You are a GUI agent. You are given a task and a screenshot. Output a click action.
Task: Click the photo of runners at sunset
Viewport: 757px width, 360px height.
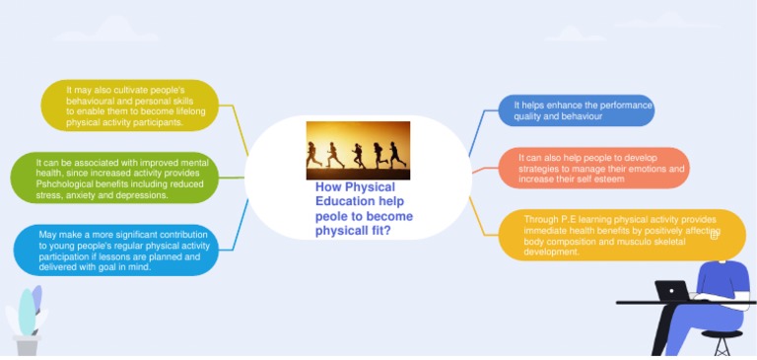[358, 150]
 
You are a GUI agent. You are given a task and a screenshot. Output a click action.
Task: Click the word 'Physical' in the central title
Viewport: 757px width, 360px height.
[371, 187]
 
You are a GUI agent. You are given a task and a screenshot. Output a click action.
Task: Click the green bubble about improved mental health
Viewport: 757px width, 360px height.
[112, 179]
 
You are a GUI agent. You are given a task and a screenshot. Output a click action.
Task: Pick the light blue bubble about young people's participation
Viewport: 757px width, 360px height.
[115, 250]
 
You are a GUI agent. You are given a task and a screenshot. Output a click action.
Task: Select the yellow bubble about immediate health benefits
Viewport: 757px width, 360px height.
[621, 236]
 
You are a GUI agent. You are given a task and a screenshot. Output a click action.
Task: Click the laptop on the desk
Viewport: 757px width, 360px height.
[673, 291]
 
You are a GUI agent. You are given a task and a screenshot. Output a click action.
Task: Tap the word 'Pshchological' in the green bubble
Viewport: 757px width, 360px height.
[65, 184]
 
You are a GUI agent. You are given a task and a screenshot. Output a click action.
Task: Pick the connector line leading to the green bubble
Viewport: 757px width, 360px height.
[231, 178]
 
